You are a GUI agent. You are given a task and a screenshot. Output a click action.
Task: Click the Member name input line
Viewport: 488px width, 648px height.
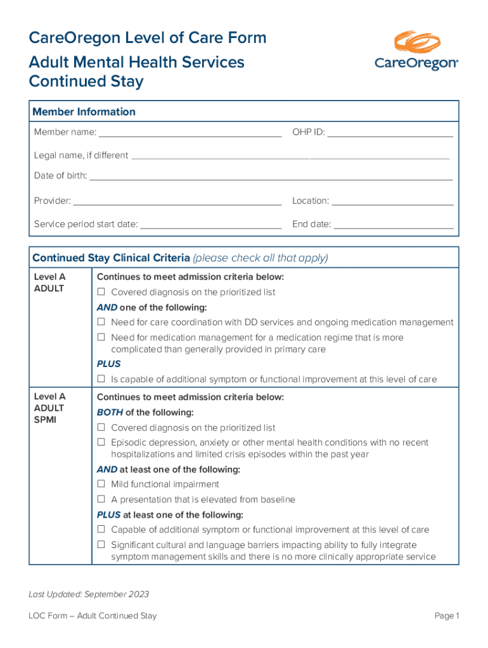click(x=190, y=134)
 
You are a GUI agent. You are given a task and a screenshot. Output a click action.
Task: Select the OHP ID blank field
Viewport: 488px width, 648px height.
click(x=390, y=134)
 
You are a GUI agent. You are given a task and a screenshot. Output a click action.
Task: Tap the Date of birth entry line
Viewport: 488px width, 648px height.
click(x=271, y=178)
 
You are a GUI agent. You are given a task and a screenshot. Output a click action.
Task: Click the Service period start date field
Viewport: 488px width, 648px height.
click(x=210, y=225)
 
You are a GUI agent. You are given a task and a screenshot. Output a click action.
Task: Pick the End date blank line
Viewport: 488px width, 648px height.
click(x=394, y=225)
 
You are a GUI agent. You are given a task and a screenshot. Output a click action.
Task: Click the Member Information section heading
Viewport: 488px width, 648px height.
click(x=84, y=112)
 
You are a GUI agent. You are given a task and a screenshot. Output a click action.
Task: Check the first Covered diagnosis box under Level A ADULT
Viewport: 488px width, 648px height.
click(x=101, y=292)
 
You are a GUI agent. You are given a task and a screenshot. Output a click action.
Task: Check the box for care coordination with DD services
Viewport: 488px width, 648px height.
click(x=101, y=322)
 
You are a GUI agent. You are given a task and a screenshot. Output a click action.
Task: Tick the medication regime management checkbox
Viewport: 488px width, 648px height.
click(x=101, y=337)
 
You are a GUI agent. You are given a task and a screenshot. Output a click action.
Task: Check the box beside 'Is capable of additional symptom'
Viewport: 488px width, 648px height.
click(x=101, y=380)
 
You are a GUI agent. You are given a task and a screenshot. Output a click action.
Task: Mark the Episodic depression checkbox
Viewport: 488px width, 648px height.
click(x=101, y=443)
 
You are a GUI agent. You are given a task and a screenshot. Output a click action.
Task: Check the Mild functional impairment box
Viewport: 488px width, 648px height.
click(x=101, y=484)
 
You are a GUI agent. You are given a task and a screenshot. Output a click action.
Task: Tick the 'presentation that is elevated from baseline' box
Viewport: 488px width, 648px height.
click(x=101, y=499)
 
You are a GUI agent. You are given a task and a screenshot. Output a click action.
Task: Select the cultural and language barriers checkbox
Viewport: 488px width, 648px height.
click(x=101, y=545)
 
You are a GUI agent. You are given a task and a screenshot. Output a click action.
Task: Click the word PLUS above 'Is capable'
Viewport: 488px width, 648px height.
click(x=108, y=364)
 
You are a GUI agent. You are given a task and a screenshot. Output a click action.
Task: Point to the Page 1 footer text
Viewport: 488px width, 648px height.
click(x=446, y=616)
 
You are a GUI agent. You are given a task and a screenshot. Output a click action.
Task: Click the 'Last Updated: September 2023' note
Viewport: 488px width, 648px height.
click(x=89, y=594)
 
